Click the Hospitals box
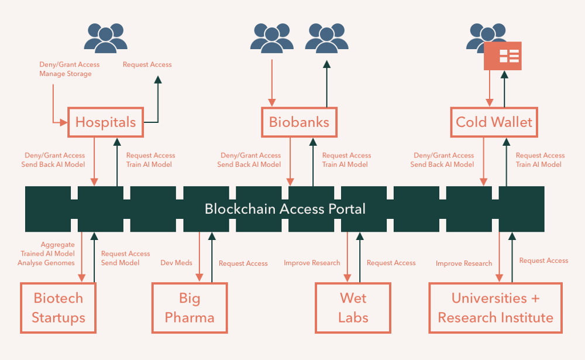[x=105, y=122]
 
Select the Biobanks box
[x=299, y=122]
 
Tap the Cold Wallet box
[x=494, y=122]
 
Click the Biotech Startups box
[x=58, y=308]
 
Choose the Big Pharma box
[x=190, y=308]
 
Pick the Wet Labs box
[x=353, y=308]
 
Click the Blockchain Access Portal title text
[x=285, y=209]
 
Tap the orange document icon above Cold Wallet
[x=503, y=56]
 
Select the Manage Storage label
[x=66, y=74]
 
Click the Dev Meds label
[x=177, y=263]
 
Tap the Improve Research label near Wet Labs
[x=312, y=263]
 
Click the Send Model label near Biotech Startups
[x=121, y=263]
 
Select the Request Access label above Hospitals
[x=147, y=64]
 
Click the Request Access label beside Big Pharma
[x=243, y=263]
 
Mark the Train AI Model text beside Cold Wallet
[x=538, y=164]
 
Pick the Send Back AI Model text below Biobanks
[x=249, y=164]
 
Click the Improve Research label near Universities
[x=464, y=263]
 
